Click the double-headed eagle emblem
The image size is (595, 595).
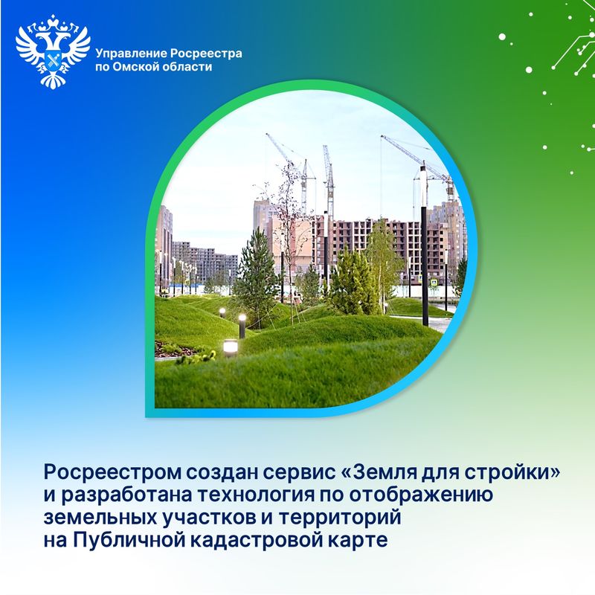[x=53, y=51]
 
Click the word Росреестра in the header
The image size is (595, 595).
[x=206, y=54]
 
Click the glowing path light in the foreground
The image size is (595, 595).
[x=230, y=347]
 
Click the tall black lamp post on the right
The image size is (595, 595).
[x=424, y=246]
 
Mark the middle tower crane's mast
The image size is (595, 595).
[x=329, y=182]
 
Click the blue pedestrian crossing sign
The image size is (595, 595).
[x=434, y=283]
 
